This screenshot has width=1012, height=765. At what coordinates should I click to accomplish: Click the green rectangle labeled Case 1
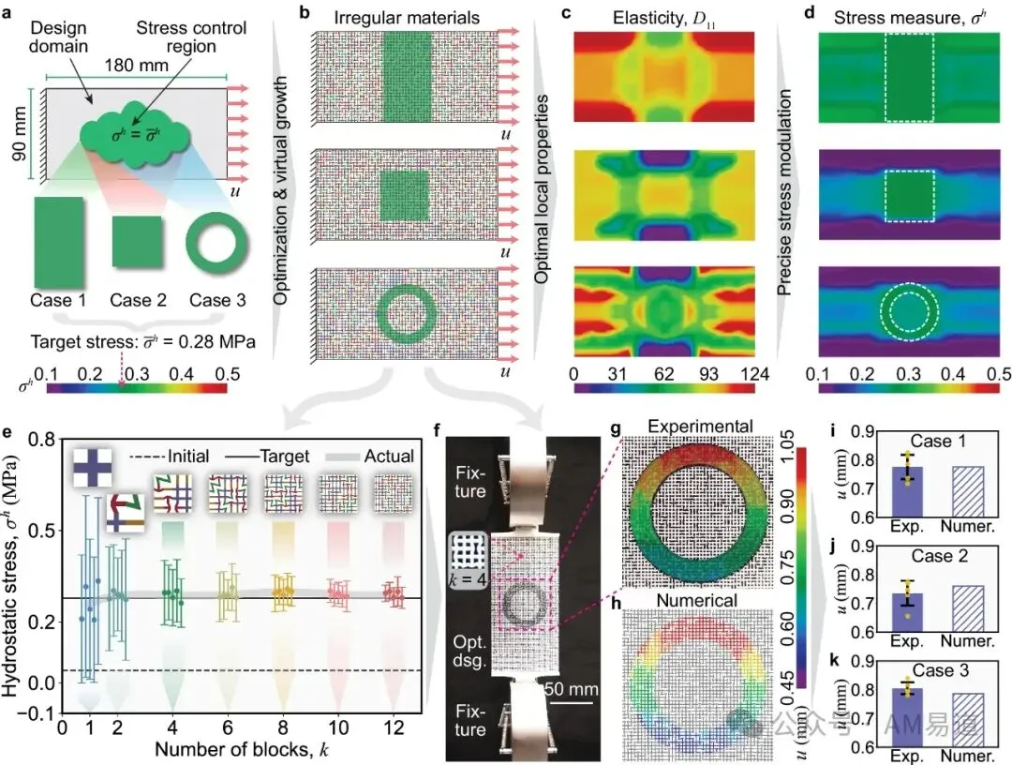(x=58, y=242)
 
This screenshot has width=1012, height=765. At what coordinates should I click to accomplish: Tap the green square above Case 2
(x=137, y=242)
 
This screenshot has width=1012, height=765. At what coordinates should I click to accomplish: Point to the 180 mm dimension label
(x=136, y=66)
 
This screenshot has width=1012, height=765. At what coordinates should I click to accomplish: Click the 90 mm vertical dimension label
(x=20, y=134)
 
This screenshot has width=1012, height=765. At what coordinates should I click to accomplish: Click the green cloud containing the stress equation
(x=135, y=135)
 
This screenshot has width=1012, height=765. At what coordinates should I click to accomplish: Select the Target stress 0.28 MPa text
(x=142, y=341)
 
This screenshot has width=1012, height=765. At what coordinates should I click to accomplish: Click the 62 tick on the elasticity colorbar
(x=663, y=374)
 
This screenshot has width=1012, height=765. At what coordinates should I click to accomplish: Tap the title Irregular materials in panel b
(x=407, y=18)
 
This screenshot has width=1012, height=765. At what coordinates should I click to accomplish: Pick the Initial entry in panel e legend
(x=169, y=457)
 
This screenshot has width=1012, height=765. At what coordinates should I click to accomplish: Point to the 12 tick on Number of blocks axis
(x=393, y=727)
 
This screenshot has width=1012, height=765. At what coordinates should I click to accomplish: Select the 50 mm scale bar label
(x=572, y=689)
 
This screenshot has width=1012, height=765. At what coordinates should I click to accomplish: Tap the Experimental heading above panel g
(x=700, y=427)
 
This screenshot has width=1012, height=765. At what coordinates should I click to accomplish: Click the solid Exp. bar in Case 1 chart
(x=907, y=492)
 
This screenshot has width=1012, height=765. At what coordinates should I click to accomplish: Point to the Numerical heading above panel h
(x=696, y=600)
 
